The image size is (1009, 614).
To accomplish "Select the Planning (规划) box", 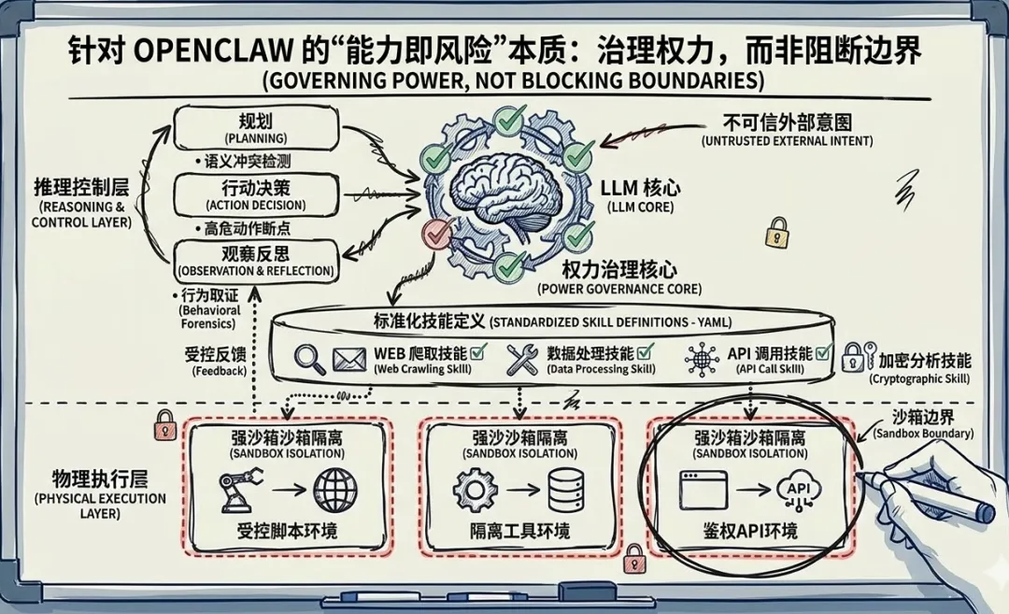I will pos(254,128).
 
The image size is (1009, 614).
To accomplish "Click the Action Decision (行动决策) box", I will pos(254,194).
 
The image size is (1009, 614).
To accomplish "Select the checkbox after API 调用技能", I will pos(823,353).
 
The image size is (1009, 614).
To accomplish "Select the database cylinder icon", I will pos(566,490).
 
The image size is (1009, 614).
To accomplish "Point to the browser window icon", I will pos(703,489).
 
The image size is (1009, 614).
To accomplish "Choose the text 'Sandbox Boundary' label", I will pos(923,434).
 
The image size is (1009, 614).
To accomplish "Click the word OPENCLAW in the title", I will pos(186,50).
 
